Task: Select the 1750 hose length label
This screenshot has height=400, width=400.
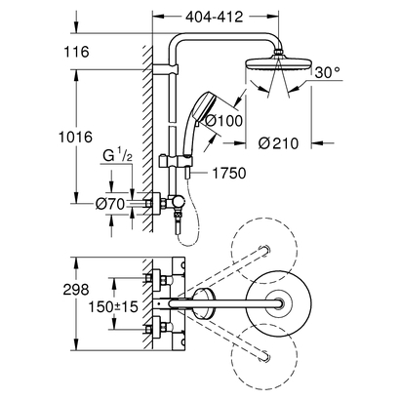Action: pos(233,173)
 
